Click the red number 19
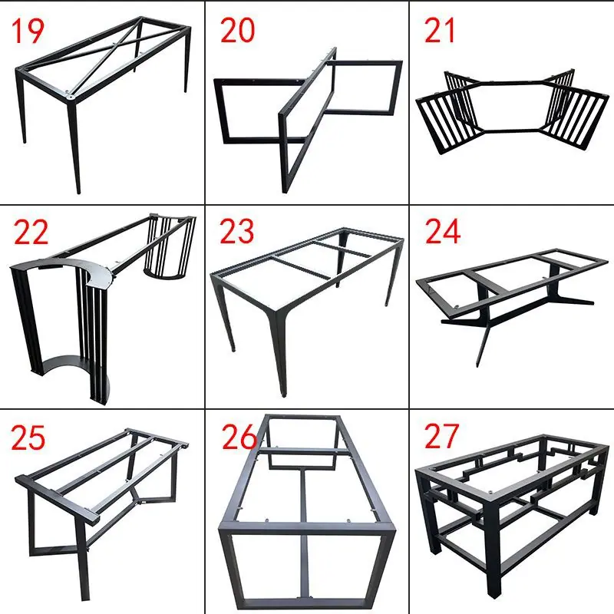click(28, 31)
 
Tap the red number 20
click(237, 31)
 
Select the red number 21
click(439, 31)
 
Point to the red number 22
click(31, 233)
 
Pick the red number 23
click(237, 231)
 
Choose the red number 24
click(443, 231)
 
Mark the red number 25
click(28, 437)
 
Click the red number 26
click(239, 437)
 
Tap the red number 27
click(441, 436)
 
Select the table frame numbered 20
click(308, 120)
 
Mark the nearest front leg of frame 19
click(74, 146)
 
